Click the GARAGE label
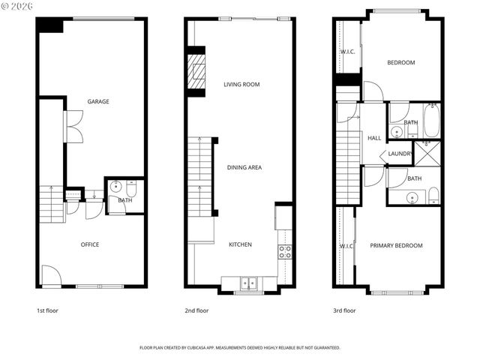(97, 101)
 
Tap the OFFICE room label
(90, 244)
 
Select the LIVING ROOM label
(241, 85)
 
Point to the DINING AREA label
(244, 168)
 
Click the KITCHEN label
(240, 244)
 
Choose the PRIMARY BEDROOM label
(396, 245)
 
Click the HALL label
(374, 138)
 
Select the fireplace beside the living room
(196, 73)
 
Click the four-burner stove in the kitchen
(285, 252)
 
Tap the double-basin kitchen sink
(248, 283)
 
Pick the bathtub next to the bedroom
(431, 121)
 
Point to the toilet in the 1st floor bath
(130, 189)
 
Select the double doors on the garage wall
(74, 127)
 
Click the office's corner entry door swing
(49, 276)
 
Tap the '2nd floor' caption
(196, 310)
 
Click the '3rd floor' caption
(344, 310)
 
